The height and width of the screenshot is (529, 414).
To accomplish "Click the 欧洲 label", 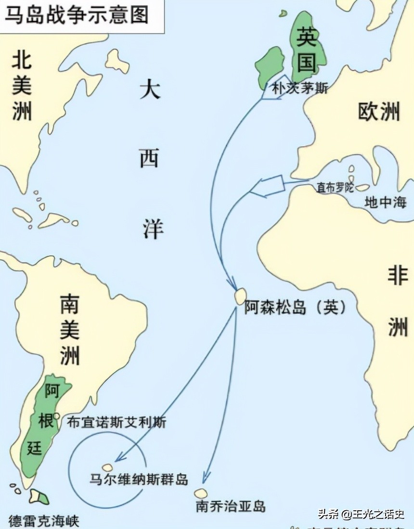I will (x=379, y=112).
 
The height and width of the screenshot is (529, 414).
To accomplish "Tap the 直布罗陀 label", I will (x=335, y=188).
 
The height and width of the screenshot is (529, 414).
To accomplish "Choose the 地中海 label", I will (x=385, y=202).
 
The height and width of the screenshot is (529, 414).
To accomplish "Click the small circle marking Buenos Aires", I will (x=57, y=416).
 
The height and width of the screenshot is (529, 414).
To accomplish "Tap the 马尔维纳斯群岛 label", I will (x=139, y=479).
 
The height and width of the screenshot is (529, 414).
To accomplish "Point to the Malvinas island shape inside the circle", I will (x=107, y=467).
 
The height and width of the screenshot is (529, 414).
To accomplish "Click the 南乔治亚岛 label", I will (x=231, y=506).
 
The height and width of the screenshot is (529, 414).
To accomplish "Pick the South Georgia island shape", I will (x=201, y=493).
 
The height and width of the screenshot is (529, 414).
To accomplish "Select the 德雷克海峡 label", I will (x=43, y=520).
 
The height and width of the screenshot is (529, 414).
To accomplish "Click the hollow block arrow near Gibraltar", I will (x=268, y=187).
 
